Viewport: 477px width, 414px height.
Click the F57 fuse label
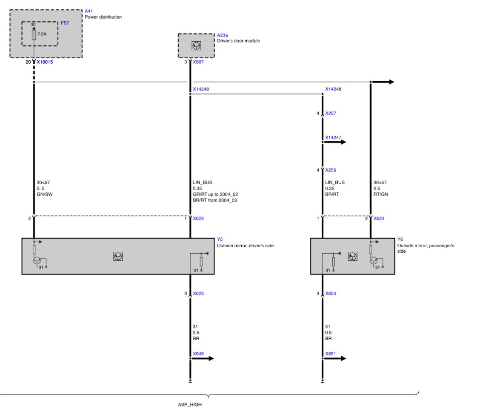[65, 23]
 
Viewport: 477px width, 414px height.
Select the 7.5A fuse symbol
[34, 35]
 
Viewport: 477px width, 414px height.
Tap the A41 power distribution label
[89, 11]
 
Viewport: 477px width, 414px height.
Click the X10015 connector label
[45, 62]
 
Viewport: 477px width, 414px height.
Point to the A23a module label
[223, 35]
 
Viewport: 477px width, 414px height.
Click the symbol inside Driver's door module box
[196, 46]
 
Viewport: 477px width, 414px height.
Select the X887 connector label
[198, 62]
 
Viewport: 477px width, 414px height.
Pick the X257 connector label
[330, 113]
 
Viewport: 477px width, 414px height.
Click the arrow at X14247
[334, 142]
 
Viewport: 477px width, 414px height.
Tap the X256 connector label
[330, 170]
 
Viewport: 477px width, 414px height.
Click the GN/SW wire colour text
[44, 194]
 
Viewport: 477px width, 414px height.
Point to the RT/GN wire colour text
[380, 194]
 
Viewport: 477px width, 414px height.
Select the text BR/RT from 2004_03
[215, 200]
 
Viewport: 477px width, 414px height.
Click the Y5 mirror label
[220, 239]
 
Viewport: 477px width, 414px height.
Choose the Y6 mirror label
[400, 239]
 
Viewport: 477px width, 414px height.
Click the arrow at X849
[202, 359]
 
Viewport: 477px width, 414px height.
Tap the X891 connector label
[330, 354]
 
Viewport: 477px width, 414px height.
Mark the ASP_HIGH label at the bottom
[190, 405]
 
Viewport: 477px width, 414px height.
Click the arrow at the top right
[383, 82]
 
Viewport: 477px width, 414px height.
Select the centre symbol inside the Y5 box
[118, 257]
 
